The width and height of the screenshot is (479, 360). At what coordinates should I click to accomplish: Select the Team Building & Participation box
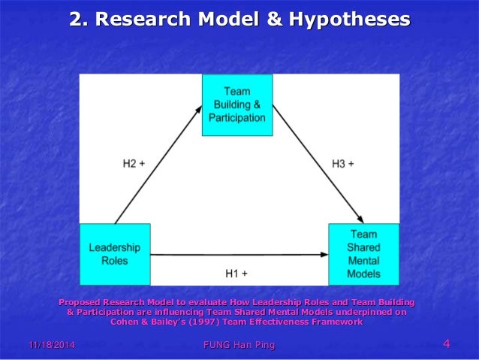point(237,104)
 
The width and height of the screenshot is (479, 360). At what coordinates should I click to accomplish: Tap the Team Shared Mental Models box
point(364,254)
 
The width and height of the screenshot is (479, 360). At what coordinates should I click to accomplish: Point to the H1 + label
point(237,274)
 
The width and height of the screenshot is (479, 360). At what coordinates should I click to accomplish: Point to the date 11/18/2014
point(52,345)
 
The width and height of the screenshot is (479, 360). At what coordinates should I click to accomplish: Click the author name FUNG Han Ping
point(239,345)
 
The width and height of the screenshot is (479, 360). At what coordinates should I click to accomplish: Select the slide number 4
point(447,344)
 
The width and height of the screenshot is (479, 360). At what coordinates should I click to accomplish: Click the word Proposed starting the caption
point(84,302)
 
